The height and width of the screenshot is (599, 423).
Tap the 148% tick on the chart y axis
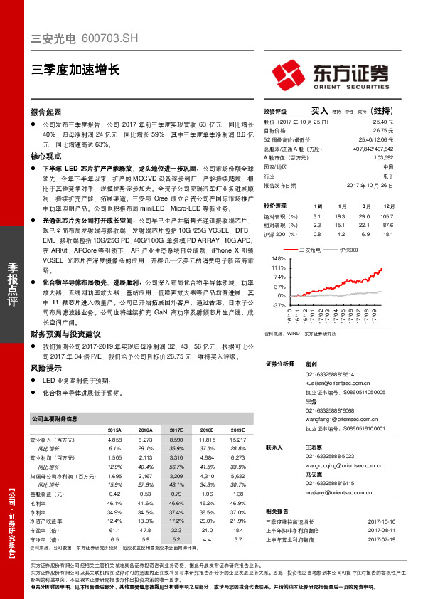tap(279, 258)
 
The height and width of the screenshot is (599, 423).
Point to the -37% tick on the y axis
tap(279, 304)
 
